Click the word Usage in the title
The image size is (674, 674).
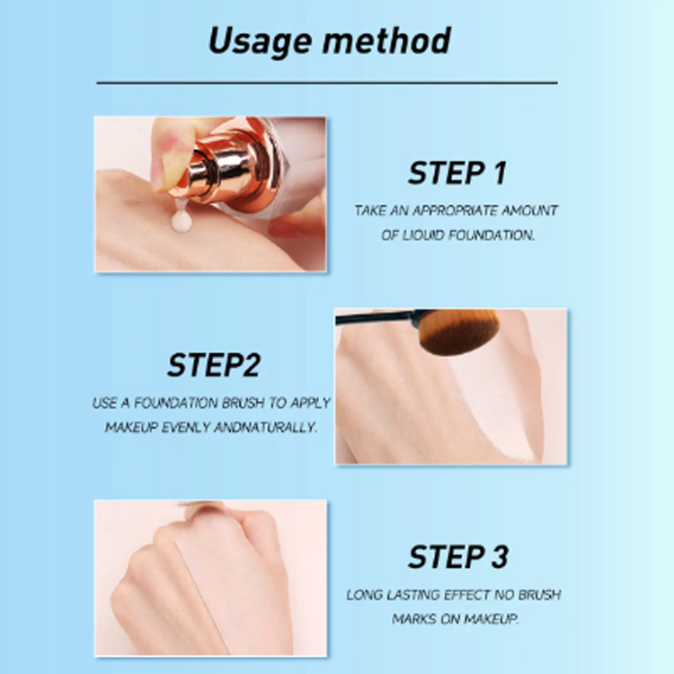click(x=260, y=41)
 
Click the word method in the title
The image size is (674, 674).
click(x=386, y=40)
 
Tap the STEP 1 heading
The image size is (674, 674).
click(x=457, y=173)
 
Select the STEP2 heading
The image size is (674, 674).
click(x=214, y=365)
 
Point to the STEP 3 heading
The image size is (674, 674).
click(x=457, y=557)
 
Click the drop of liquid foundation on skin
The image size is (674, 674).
click(x=181, y=221)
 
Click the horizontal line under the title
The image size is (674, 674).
click(x=327, y=82)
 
